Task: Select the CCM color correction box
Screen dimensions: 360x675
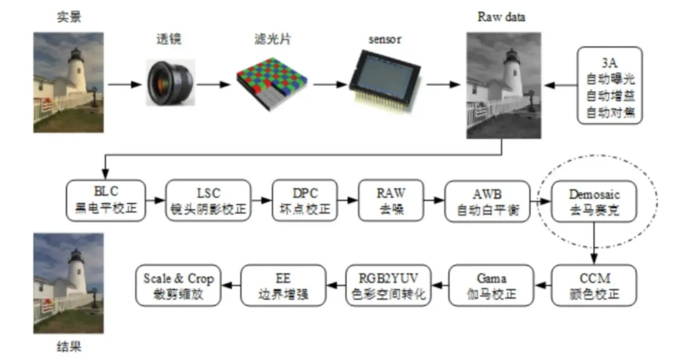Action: tap(593, 285)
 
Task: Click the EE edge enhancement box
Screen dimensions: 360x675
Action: tap(284, 285)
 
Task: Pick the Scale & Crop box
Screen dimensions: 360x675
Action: tap(179, 285)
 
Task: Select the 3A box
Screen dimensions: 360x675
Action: tap(608, 84)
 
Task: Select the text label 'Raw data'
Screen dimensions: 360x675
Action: tap(501, 17)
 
